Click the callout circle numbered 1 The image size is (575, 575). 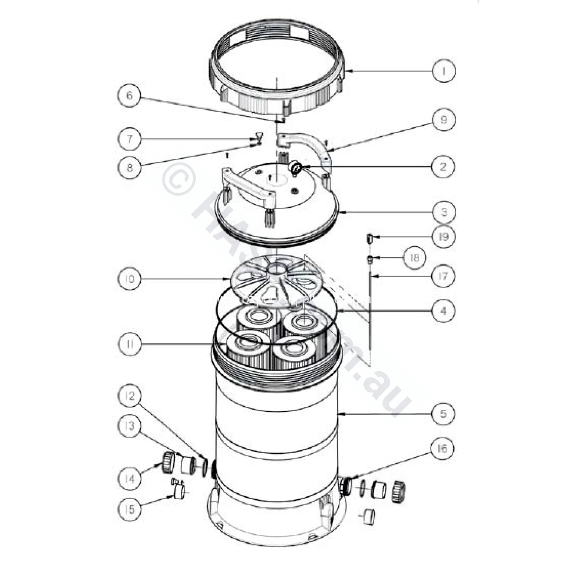point(443,71)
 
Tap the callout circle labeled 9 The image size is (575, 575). point(443,120)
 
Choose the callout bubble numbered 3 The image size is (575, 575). point(443,212)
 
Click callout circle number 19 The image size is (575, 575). point(443,236)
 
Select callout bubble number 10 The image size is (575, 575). point(129,279)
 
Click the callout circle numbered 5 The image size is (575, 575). point(443,413)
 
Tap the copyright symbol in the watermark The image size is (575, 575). point(179,179)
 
